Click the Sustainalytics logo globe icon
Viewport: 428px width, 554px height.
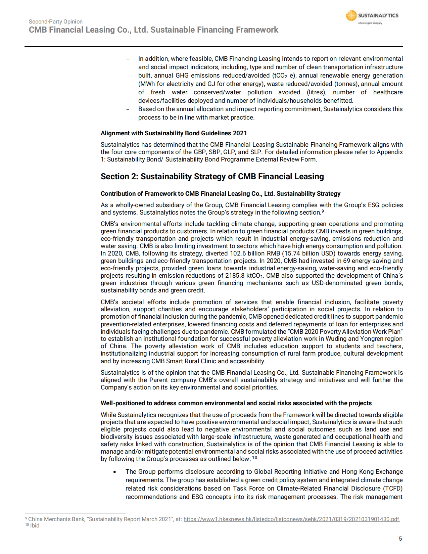351,15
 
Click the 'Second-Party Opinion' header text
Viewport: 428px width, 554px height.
56,21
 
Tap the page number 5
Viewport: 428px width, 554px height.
400,539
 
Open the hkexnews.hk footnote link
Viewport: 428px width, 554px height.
291,519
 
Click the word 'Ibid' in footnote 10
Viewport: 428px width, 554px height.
35,525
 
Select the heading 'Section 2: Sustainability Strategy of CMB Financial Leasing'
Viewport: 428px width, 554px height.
212,177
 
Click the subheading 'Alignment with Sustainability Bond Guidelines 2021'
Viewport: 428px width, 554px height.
174,133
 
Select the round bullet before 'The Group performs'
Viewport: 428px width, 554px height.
115,472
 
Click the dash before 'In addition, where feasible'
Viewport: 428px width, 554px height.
128,59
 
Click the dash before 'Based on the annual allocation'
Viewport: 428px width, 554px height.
128,109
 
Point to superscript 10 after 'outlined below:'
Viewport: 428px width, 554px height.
255,458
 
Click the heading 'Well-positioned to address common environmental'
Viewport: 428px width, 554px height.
236,403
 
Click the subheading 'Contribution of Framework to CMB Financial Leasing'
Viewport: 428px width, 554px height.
220,194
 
